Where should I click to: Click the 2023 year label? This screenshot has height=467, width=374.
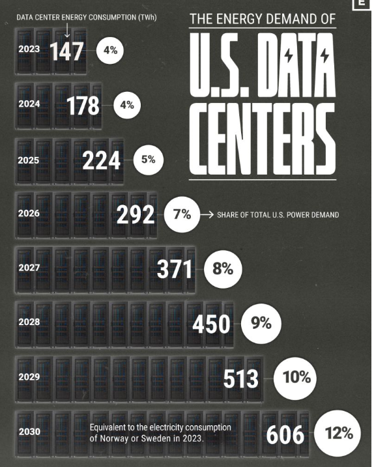click(29, 49)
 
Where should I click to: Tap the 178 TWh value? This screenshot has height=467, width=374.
click(83, 105)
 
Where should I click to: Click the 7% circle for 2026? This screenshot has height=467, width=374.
click(182, 214)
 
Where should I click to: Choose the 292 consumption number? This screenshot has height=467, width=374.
click(136, 215)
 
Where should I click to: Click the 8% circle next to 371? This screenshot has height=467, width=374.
click(222, 268)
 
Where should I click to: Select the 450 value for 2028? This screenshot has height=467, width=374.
click(212, 323)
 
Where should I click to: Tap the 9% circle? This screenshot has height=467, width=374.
click(261, 322)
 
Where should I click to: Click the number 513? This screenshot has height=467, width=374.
click(240, 378)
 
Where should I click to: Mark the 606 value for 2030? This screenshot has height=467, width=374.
click(285, 434)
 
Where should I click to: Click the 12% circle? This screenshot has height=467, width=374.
click(338, 433)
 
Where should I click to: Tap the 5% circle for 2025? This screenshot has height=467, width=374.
click(148, 159)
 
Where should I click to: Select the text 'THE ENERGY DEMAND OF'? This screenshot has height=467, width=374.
click(262, 20)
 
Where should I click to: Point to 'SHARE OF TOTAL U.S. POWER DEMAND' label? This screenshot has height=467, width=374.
click(278, 215)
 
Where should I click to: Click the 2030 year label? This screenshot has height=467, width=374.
click(29, 431)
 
